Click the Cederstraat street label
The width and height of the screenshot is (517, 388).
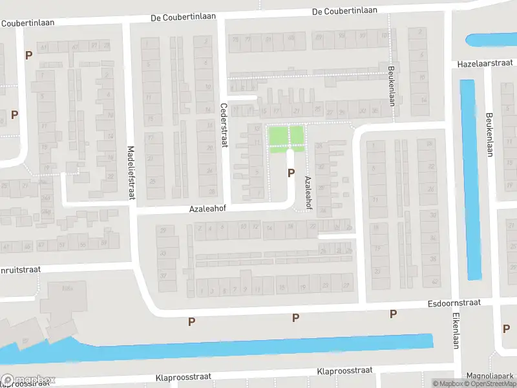tap(224, 127)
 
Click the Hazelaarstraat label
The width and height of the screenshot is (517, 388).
tap(485, 63)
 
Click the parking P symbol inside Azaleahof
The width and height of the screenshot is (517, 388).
tap(291, 173)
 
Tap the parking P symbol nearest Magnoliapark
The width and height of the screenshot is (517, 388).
tap(506, 329)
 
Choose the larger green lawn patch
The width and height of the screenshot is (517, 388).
tap(277, 136)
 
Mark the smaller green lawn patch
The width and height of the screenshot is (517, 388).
tap(296, 135)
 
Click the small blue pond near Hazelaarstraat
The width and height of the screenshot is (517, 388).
tap(491, 40)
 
